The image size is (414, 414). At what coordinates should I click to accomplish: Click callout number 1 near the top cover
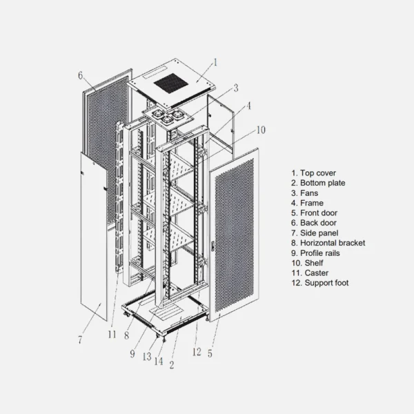click(x=215, y=62)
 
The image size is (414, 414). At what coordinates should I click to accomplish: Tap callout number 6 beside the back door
click(x=80, y=75)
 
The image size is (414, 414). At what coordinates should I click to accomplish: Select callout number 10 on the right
click(x=261, y=130)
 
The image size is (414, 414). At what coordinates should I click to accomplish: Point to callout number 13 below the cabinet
click(x=147, y=357)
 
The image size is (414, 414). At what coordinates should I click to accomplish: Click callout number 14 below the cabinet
click(x=159, y=361)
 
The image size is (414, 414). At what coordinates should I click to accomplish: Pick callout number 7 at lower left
click(x=80, y=339)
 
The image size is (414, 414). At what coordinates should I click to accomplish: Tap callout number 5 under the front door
click(x=210, y=353)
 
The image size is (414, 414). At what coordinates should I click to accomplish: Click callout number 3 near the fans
click(x=236, y=88)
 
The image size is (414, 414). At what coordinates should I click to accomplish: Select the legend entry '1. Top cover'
click(x=314, y=173)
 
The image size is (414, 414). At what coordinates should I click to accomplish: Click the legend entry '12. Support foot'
click(x=320, y=283)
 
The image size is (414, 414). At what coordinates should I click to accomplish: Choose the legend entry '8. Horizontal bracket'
click(x=328, y=243)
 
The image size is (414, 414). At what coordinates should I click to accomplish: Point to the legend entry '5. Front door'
click(x=314, y=213)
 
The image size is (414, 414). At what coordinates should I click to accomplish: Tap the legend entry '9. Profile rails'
click(x=315, y=253)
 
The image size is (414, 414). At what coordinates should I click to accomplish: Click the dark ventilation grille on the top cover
click(x=171, y=83)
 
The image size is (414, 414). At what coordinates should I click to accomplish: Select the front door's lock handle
click(x=213, y=245)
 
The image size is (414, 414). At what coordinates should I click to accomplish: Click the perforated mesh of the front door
click(x=235, y=235)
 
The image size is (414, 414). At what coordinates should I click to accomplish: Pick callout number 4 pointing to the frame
click(x=248, y=106)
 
